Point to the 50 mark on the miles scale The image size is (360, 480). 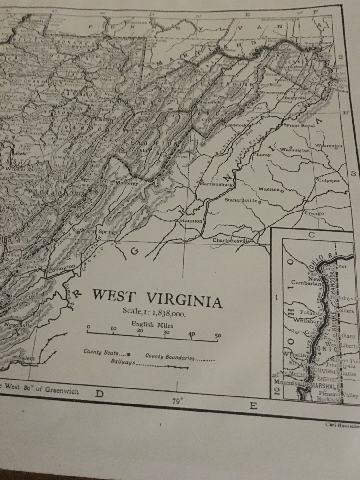click(x=218, y=336)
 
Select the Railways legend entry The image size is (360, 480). click(x=123, y=362)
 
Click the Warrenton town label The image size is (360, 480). click(x=328, y=146)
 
